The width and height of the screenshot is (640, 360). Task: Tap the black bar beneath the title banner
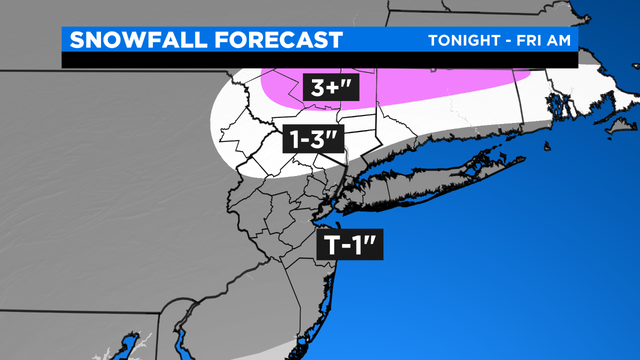point(300,61)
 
